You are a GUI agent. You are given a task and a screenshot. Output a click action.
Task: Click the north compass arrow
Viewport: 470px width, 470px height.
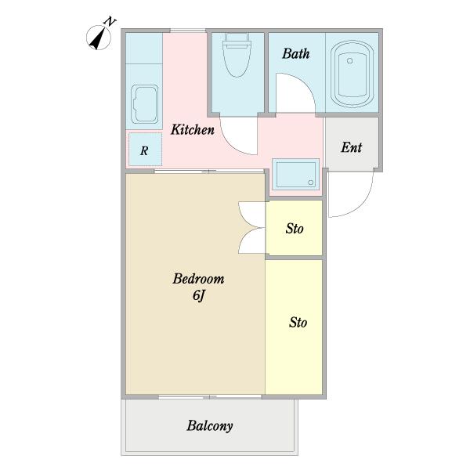(99, 38)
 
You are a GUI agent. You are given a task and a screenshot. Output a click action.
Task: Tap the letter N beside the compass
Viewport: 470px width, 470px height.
(110, 22)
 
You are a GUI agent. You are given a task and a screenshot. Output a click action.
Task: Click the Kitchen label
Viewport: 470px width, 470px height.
(193, 130)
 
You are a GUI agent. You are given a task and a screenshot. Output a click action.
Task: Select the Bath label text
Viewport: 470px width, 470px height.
(296, 53)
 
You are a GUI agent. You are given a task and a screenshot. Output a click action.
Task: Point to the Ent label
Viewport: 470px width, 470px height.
(351, 147)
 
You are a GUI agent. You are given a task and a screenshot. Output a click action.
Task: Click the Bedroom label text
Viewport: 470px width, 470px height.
(198, 279)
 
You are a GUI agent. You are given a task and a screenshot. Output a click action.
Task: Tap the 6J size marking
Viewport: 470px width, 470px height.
(198, 296)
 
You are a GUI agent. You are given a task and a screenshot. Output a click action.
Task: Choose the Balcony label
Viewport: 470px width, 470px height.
(210, 426)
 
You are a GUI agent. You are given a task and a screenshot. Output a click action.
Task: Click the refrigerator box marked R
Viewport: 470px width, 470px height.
(146, 150)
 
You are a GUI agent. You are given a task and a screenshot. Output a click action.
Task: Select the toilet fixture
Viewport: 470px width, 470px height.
(237, 55)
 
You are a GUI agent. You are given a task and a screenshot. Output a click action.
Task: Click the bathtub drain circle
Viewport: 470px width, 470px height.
(349, 61)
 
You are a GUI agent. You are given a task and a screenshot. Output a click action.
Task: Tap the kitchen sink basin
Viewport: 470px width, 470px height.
(144, 104)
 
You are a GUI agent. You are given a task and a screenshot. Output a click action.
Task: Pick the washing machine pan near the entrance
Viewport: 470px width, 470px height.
(295, 174)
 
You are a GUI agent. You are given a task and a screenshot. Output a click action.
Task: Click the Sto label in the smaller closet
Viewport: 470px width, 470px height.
(295, 229)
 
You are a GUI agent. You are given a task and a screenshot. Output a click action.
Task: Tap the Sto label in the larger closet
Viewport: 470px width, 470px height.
(298, 323)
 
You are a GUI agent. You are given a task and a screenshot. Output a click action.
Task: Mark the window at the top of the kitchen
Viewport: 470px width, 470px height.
(188, 31)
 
